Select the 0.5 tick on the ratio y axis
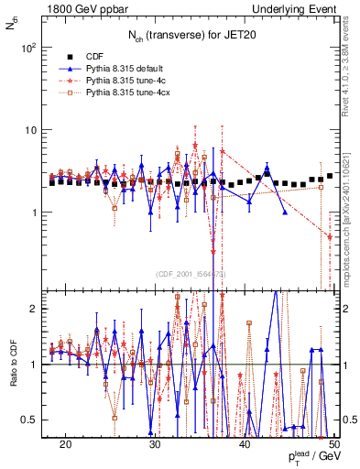pos(33,420)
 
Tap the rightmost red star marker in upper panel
pos(330,236)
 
